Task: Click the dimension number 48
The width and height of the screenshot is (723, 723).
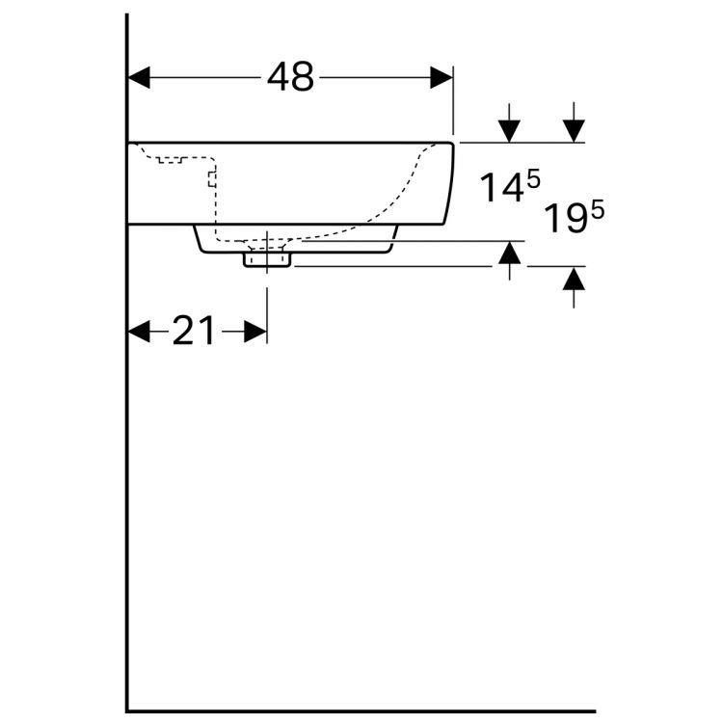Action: pyautogui.click(x=290, y=78)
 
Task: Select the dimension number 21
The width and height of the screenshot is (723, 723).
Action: pyautogui.click(x=196, y=332)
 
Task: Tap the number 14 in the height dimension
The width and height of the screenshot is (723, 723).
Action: pyautogui.click(x=501, y=188)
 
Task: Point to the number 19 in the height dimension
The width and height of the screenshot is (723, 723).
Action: pyautogui.click(x=564, y=219)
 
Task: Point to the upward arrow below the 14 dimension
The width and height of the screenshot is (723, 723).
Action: pyautogui.click(x=510, y=254)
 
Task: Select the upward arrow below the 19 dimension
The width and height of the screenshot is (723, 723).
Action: pyautogui.click(x=574, y=279)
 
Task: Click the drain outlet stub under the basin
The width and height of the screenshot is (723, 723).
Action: pyautogui.click(x=266, y=260)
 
